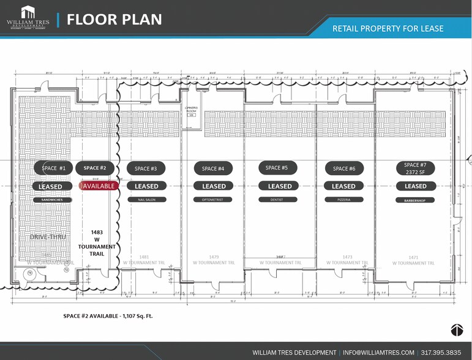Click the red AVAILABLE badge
(99, 186)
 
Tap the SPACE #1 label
(53, 168)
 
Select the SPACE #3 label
(146, 168)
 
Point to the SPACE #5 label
(277, 168)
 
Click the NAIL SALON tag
(146, 200)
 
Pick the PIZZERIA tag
(343, 200)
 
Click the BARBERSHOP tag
(415, 200)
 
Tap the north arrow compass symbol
(457, 330)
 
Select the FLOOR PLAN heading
(114, 20)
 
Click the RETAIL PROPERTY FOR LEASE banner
(388, 28)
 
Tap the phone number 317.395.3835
(441, 353)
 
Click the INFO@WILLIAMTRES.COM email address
(379, 353)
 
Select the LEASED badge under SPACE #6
(343, 186)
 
